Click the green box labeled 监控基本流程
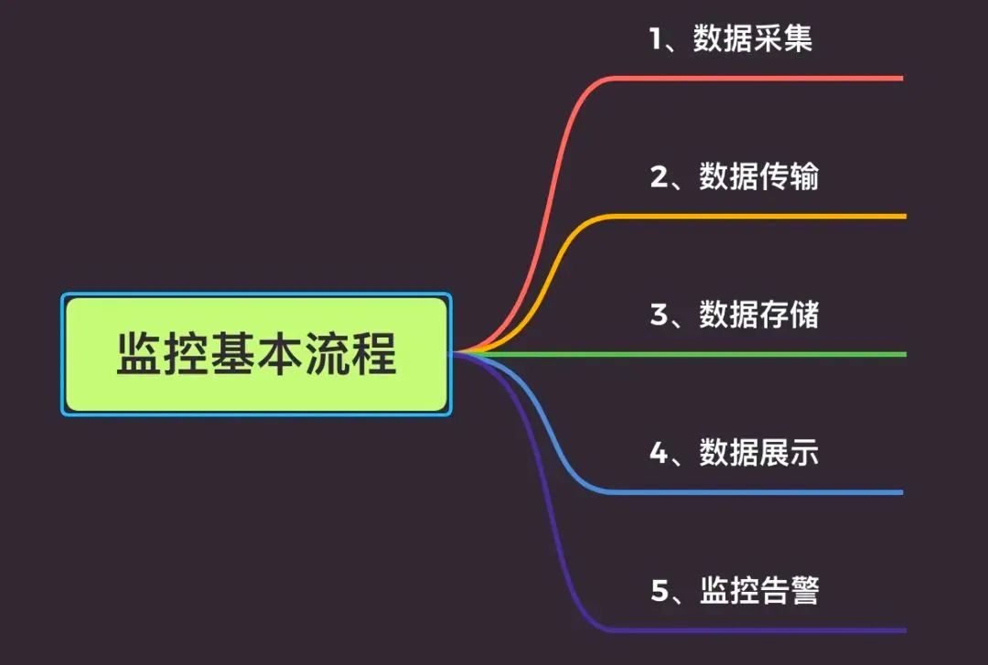click(x=256, y=354)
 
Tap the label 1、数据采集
click(x=731, y=38)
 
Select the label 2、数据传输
click(x=735, y=177)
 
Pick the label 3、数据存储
click(x=735, y=315)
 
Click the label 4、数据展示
click(x=735, y=453)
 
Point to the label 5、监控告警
click(x=735, y=591)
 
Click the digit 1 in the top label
click(x=656, y=39)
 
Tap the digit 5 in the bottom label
click(x=660, y=591)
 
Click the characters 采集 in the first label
click(x=783, y=38)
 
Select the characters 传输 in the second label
click(x=789, y=177)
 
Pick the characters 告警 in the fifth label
click(x=789, y=591)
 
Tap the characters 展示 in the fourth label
click(x=789, y=453)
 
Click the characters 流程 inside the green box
click(x=351, y=354)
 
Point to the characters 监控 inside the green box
click(x=163, y=354)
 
